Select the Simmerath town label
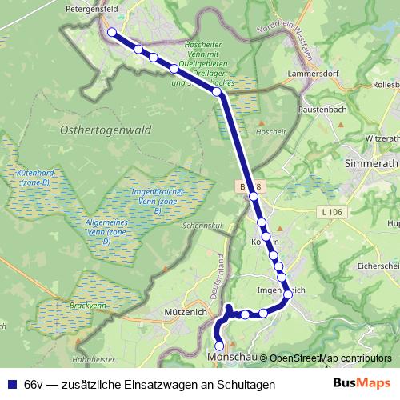click(x=370, y=162)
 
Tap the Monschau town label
click(x=232, y=358)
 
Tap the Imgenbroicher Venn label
click(x=157, y=198)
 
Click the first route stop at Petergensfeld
click(x=112, y=33)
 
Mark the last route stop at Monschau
click(x=220, y=346)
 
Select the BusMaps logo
click(x=364, y=384)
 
